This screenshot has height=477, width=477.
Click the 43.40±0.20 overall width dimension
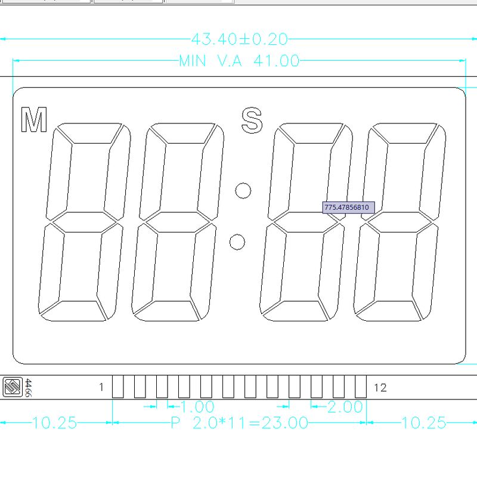(239, 39)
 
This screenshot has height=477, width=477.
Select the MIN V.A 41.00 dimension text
(239, 61)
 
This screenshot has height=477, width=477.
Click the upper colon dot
(243, 190)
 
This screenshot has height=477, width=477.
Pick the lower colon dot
(237, 241)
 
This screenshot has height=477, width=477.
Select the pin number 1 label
(101, 388)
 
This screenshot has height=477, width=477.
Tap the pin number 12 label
(380, 388)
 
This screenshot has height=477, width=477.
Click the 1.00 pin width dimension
(197, 407)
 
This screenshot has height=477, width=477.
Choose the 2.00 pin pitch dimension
(345, 407)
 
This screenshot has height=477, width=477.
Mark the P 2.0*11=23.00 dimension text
(239, 423)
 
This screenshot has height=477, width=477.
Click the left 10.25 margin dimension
(54, 423)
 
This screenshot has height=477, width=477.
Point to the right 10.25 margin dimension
(424, 423)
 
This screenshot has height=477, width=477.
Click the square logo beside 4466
(12, 388)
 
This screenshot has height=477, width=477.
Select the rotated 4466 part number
(28, 388)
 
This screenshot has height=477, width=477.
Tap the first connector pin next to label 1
(118, 386)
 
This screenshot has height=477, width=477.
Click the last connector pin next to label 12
(360, 386)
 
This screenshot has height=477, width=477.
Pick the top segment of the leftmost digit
(90, 134)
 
